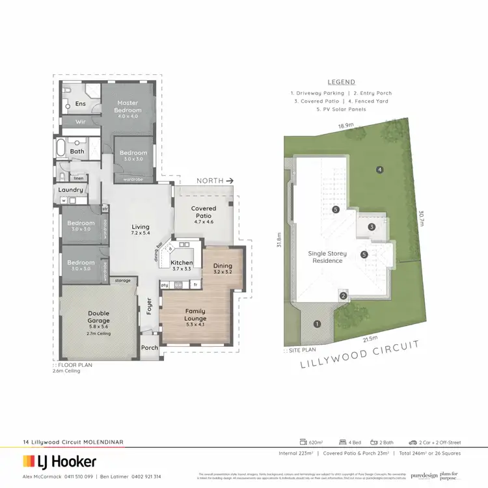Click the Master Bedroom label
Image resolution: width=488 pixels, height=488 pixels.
click(129, 106)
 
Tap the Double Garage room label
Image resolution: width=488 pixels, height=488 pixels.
click(99, 317)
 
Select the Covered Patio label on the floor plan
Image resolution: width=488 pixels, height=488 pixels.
click(204, 212)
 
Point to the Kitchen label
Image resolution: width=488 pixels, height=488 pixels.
click(182, 263)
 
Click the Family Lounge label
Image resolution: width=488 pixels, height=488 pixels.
click(195, 315)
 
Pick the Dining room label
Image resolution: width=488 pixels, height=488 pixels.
click(223, 265)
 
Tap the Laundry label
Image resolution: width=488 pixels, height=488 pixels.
click(70, 190)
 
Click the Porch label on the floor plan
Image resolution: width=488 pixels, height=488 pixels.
click(150, 347)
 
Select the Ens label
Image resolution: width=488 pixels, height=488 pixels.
click(81, 103)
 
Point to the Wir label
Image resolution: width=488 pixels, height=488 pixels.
click(81, 122)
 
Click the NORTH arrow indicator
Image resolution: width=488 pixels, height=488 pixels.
click(216, 180)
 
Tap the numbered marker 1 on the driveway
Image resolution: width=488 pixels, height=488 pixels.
click(318, 323)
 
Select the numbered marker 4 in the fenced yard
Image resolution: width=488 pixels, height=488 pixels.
click(379, 170)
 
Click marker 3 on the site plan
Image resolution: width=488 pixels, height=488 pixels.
click(371, 227)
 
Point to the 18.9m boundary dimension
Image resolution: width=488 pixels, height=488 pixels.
click(346, 125)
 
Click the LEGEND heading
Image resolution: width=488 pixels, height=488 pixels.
click(342, 82)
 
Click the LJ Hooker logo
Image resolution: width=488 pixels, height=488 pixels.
click(60, 462)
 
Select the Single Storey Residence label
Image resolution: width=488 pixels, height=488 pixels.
click(327, 256)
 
